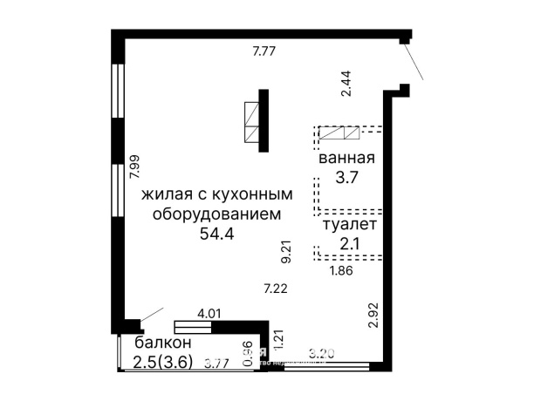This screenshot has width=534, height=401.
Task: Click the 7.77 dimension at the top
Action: [264, 51]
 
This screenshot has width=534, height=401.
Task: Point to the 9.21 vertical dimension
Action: [285, 251]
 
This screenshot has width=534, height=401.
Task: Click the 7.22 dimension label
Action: [276, 287]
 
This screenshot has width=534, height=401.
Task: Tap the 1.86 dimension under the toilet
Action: [340, 270]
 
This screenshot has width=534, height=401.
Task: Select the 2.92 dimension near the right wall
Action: [373, 314]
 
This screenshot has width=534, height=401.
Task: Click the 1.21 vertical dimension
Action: [279, 339]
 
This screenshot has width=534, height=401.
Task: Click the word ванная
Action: [346, 159]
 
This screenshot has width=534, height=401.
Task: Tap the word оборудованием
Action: [216, 214]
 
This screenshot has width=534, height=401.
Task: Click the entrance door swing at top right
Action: [414, 61]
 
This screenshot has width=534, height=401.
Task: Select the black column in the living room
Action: [263, 119]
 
